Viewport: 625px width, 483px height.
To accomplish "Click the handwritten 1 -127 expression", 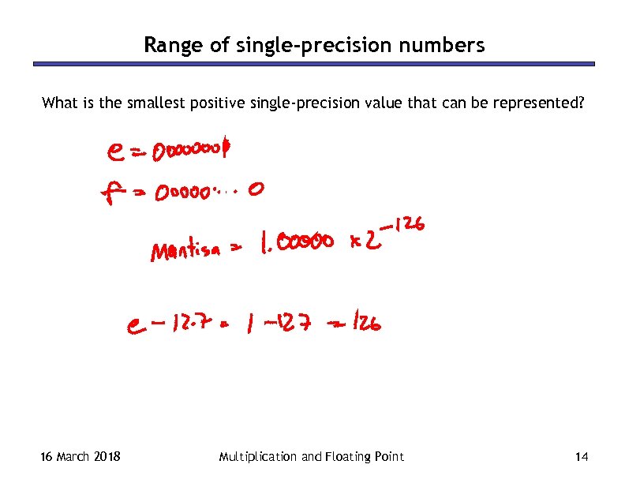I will [275, 323].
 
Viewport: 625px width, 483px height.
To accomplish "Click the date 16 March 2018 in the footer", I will [80, 456].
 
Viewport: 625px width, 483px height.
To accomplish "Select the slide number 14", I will [582, 456].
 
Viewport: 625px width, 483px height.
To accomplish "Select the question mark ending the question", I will [581, 103].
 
